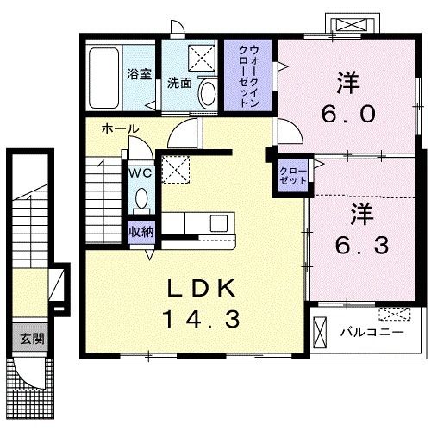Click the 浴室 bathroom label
point(140,75)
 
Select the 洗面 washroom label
point(179,84)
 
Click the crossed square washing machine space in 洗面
point(203,58)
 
